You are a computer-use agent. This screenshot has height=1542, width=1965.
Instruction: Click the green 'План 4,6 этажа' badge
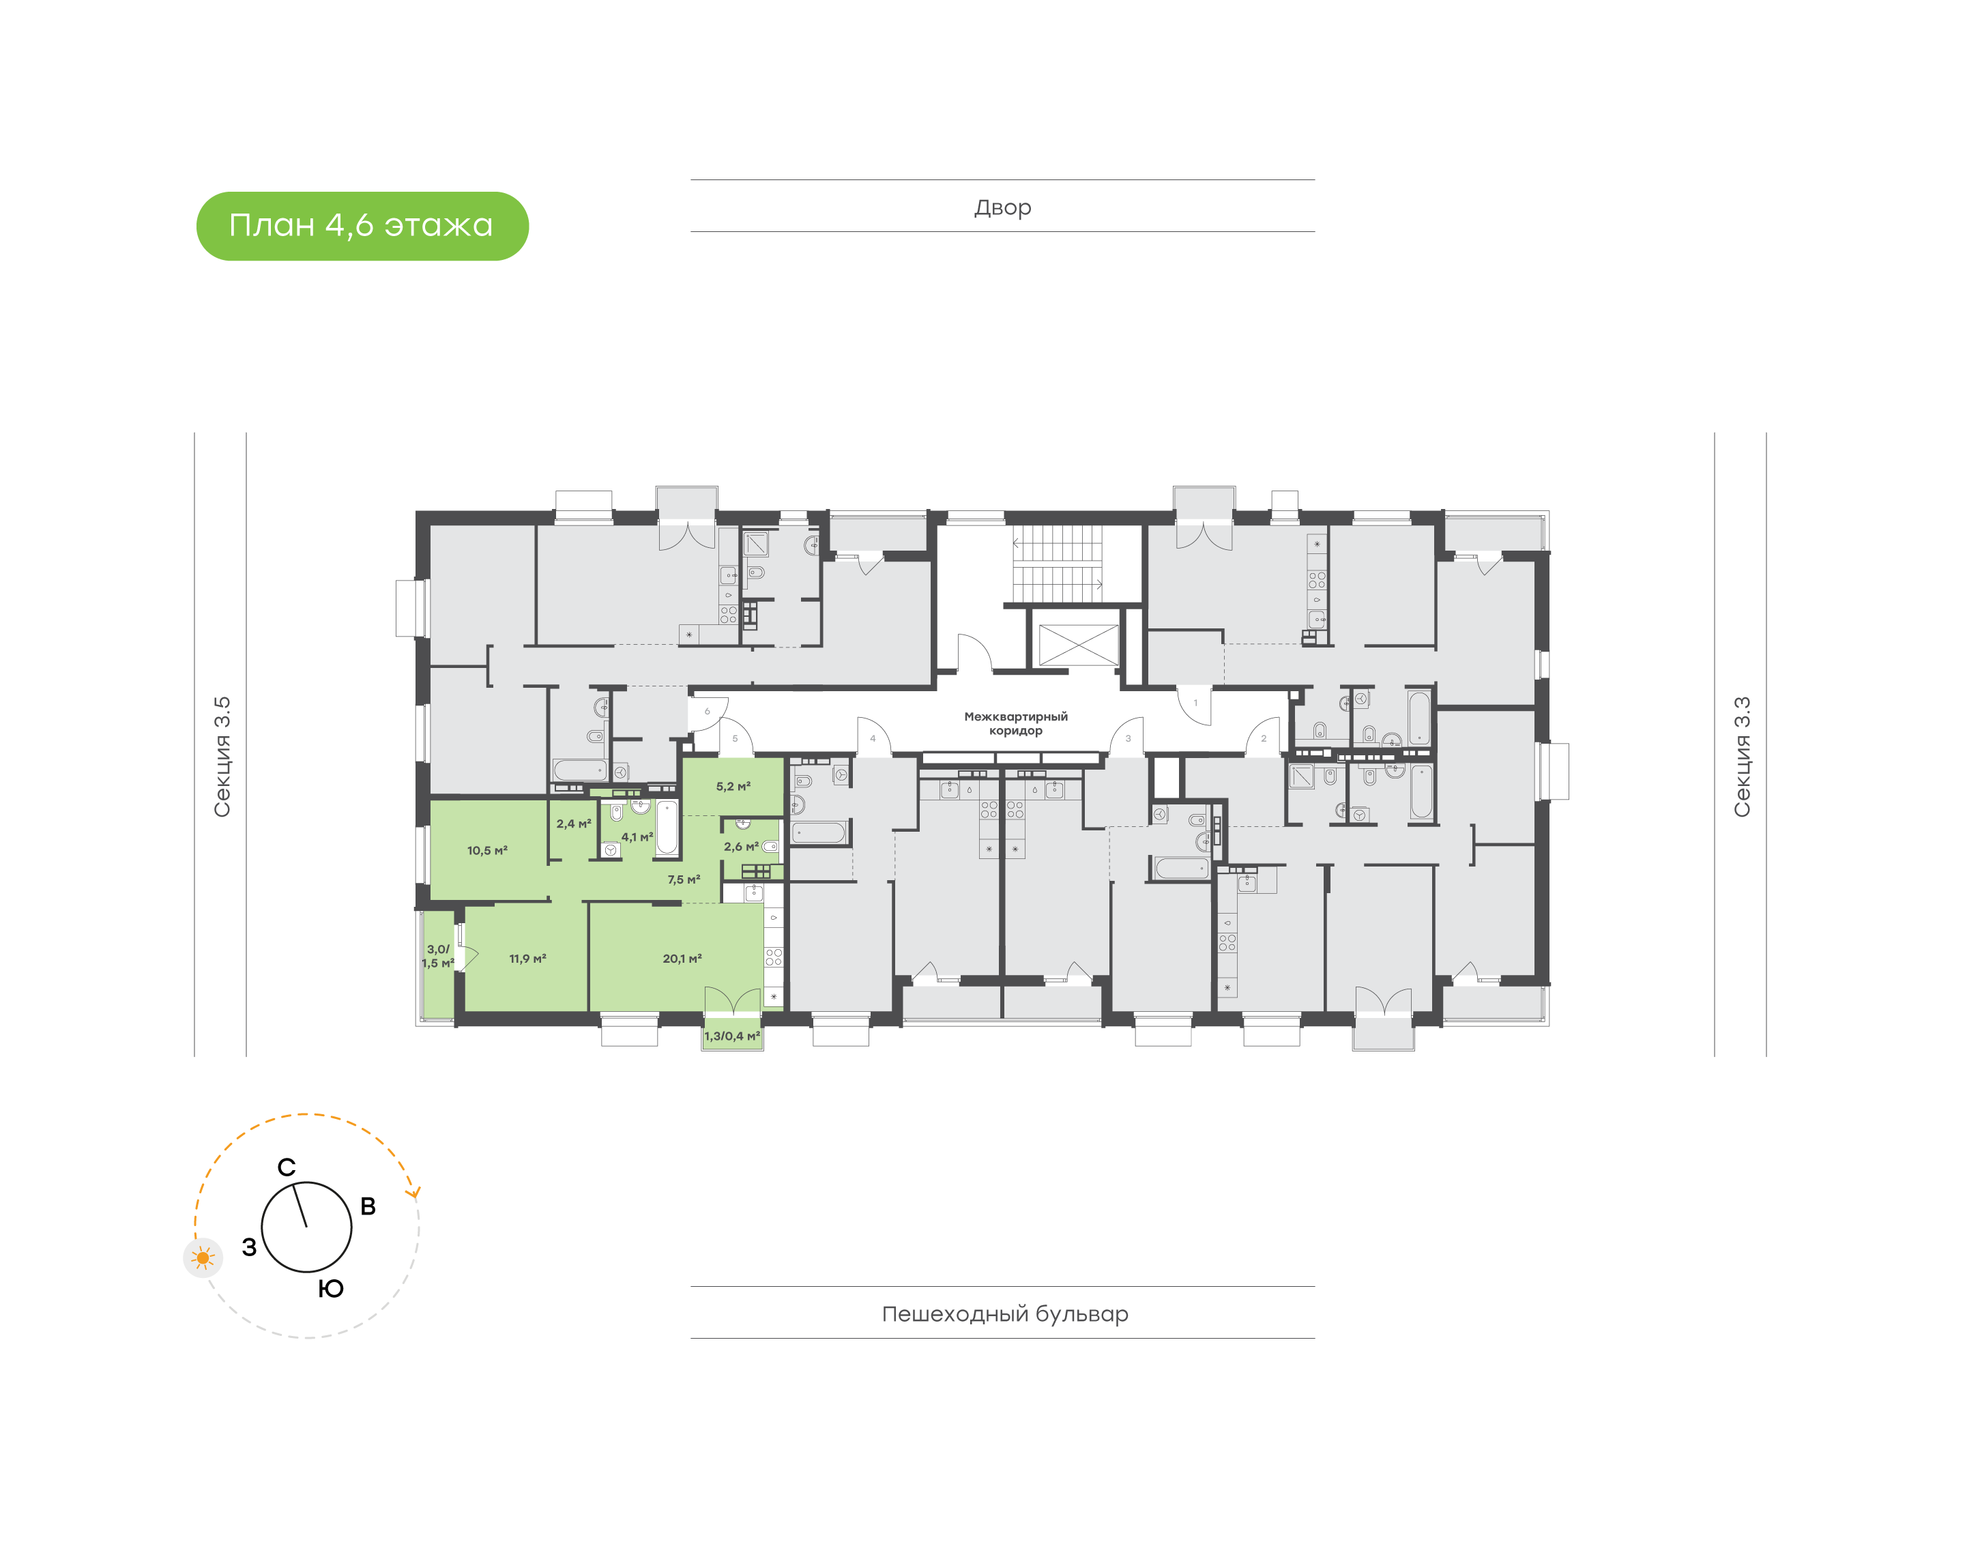(362, 226)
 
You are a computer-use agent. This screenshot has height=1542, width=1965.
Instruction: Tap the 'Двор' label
(1003, 207)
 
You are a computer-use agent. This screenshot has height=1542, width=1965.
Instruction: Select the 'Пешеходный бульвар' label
(1004, 1313)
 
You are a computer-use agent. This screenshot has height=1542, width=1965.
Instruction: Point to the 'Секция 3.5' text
(222, 757)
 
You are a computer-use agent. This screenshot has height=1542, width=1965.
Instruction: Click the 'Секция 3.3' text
(1741, 757)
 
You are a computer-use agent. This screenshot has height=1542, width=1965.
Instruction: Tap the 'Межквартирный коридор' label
(1015, 723)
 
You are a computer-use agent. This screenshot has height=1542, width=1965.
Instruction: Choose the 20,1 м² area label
(682, 959)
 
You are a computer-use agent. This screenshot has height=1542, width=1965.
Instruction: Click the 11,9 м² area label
(527, 959)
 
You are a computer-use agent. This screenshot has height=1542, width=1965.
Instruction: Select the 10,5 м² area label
(487, 850)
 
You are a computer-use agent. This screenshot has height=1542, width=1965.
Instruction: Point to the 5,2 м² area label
(733, 786)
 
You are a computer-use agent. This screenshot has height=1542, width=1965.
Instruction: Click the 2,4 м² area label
(574, 824)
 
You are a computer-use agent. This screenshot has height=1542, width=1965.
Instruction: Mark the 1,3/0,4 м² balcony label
(732, 1036)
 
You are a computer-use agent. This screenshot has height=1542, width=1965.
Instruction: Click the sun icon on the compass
(203, 1257)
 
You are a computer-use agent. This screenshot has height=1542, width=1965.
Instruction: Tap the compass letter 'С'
(286, 1167)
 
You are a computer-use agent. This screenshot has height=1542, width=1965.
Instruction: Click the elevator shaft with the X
(1079, 645)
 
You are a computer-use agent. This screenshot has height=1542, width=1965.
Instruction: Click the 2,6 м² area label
(741, 847)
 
